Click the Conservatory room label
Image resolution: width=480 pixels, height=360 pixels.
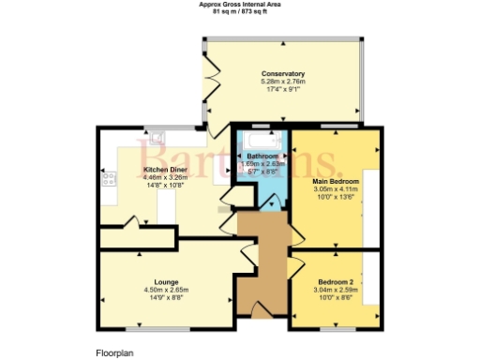283,74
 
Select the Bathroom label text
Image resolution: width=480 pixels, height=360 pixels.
262,156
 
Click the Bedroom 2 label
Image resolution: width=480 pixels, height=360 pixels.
335,282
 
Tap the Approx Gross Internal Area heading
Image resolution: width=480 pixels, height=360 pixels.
240,4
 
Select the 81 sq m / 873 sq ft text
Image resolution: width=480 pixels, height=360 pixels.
240,11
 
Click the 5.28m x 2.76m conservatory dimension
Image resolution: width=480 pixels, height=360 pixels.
283,82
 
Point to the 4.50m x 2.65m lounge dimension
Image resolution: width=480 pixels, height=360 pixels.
167,290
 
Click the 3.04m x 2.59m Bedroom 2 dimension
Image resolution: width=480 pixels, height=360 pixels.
335,291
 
